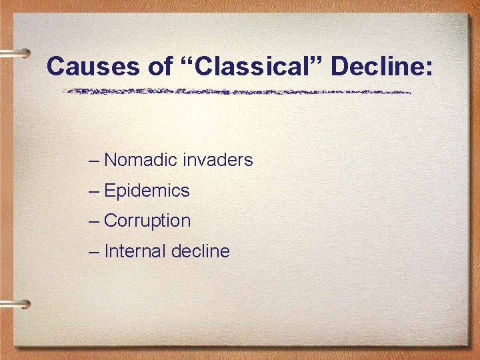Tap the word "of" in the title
(x=135, y=67)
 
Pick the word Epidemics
(x=147, y=191)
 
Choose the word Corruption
(x=147, y=221)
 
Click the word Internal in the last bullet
(x=135, y=251)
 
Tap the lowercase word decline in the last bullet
(x=201, y=251)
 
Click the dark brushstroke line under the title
(x=240, y=91)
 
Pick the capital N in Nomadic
(x=111, y=160)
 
